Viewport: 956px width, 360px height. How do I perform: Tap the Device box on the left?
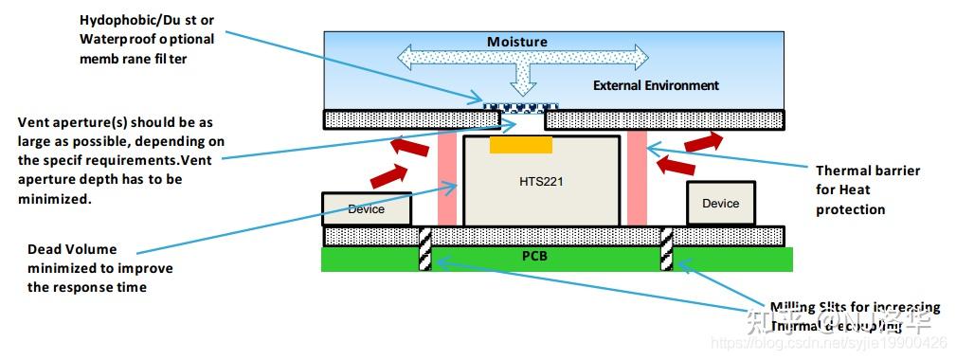click(367, 209)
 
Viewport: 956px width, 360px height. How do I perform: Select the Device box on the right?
click(720, 203)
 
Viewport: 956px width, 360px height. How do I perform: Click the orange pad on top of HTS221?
click(520, 144)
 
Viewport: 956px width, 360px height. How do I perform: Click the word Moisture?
click(517, 42)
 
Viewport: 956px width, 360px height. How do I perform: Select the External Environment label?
click(656, 85)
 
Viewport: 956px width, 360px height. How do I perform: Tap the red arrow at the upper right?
click(702, 141)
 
